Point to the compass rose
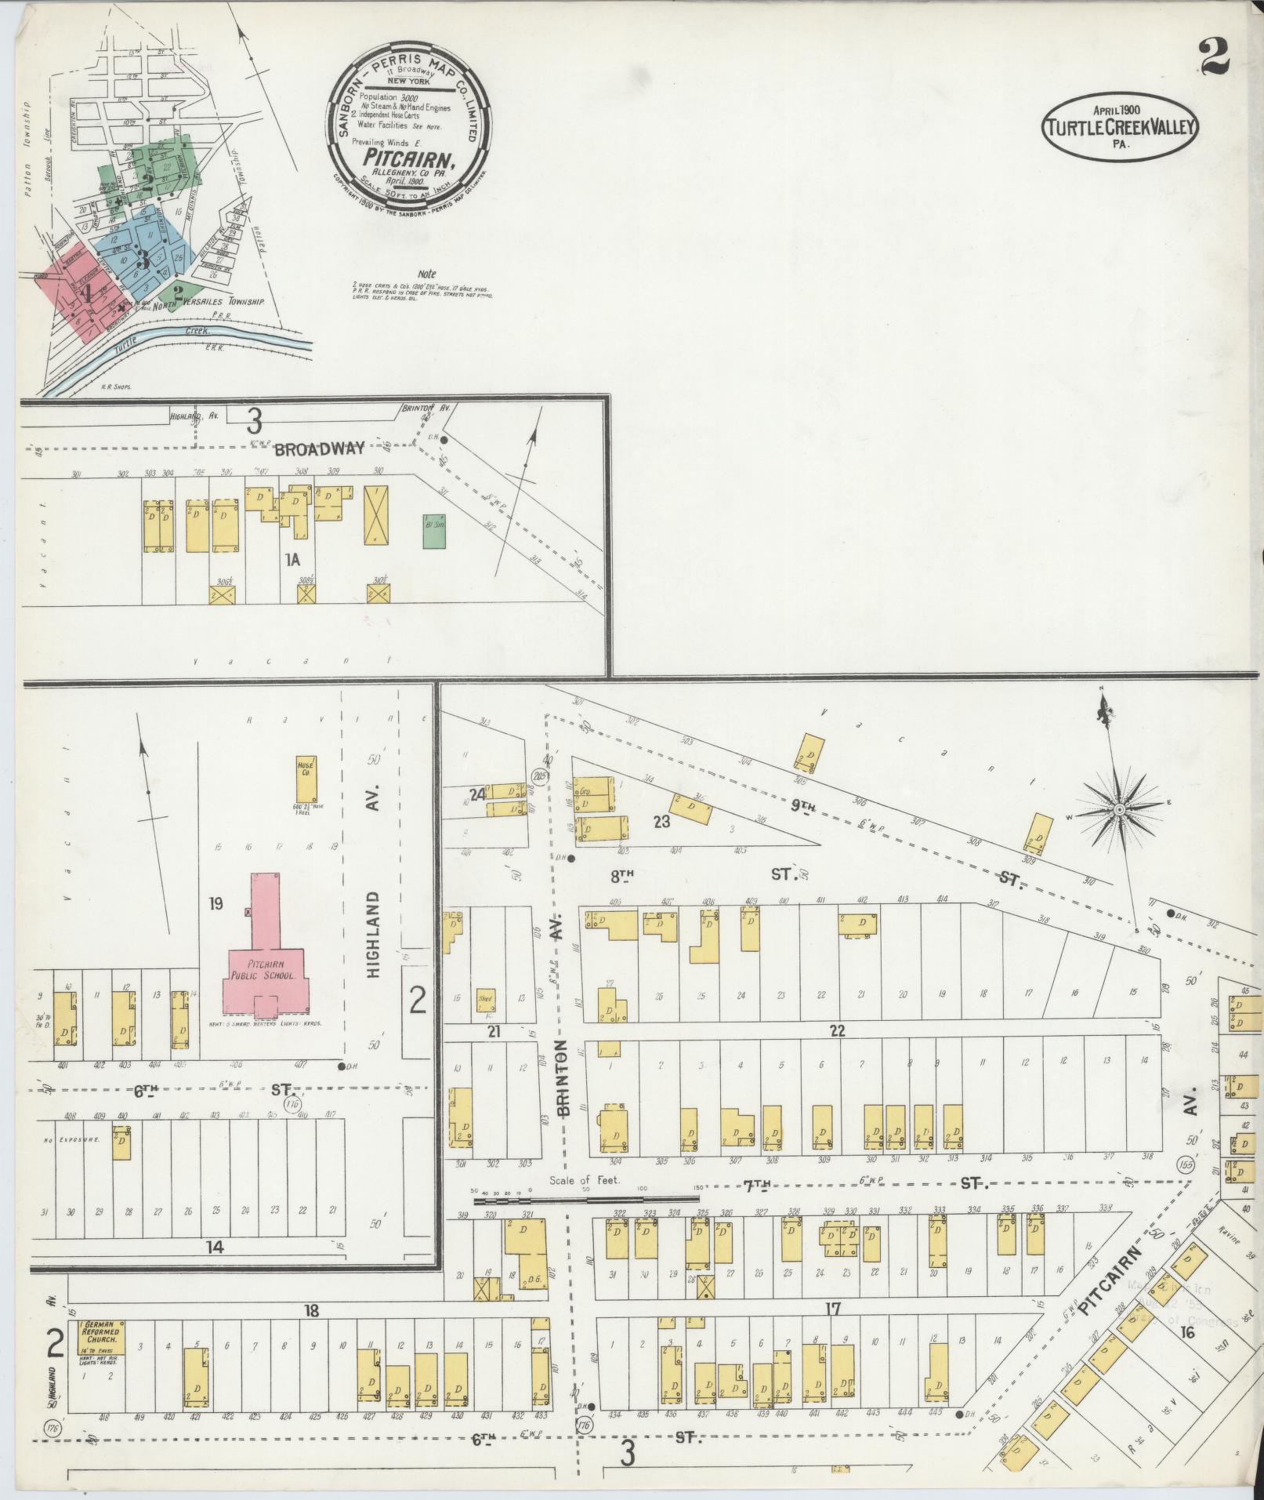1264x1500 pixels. pos(1120,808)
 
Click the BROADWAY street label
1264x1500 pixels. pos(319,449)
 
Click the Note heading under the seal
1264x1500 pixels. pos(426,274)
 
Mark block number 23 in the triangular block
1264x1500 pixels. pos(662,822)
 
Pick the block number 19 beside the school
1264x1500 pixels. pos(216,904)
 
